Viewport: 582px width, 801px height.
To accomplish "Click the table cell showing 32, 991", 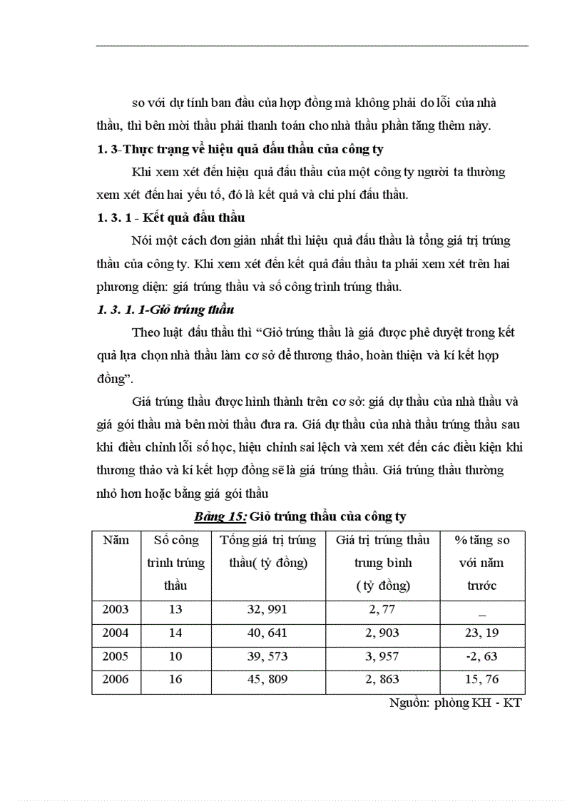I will [267, 609].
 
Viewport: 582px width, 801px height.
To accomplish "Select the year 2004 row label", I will [116, 633].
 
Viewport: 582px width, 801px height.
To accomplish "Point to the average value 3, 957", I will [382, 656].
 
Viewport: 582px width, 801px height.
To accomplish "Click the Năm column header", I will [116, 540].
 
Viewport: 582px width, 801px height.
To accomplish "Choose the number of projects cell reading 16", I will [175, 680].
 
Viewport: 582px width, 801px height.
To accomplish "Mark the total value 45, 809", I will [267, 680].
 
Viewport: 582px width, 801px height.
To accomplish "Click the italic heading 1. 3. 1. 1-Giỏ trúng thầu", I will [165, 310].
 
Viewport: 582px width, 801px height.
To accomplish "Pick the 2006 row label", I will [116, 680].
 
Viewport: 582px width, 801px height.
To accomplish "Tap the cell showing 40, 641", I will [267, 633].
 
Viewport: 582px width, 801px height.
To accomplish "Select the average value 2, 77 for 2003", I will [382, 609].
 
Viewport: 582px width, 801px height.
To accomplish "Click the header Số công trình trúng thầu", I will [175, 563].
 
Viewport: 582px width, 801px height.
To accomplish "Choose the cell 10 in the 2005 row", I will [175, 656].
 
